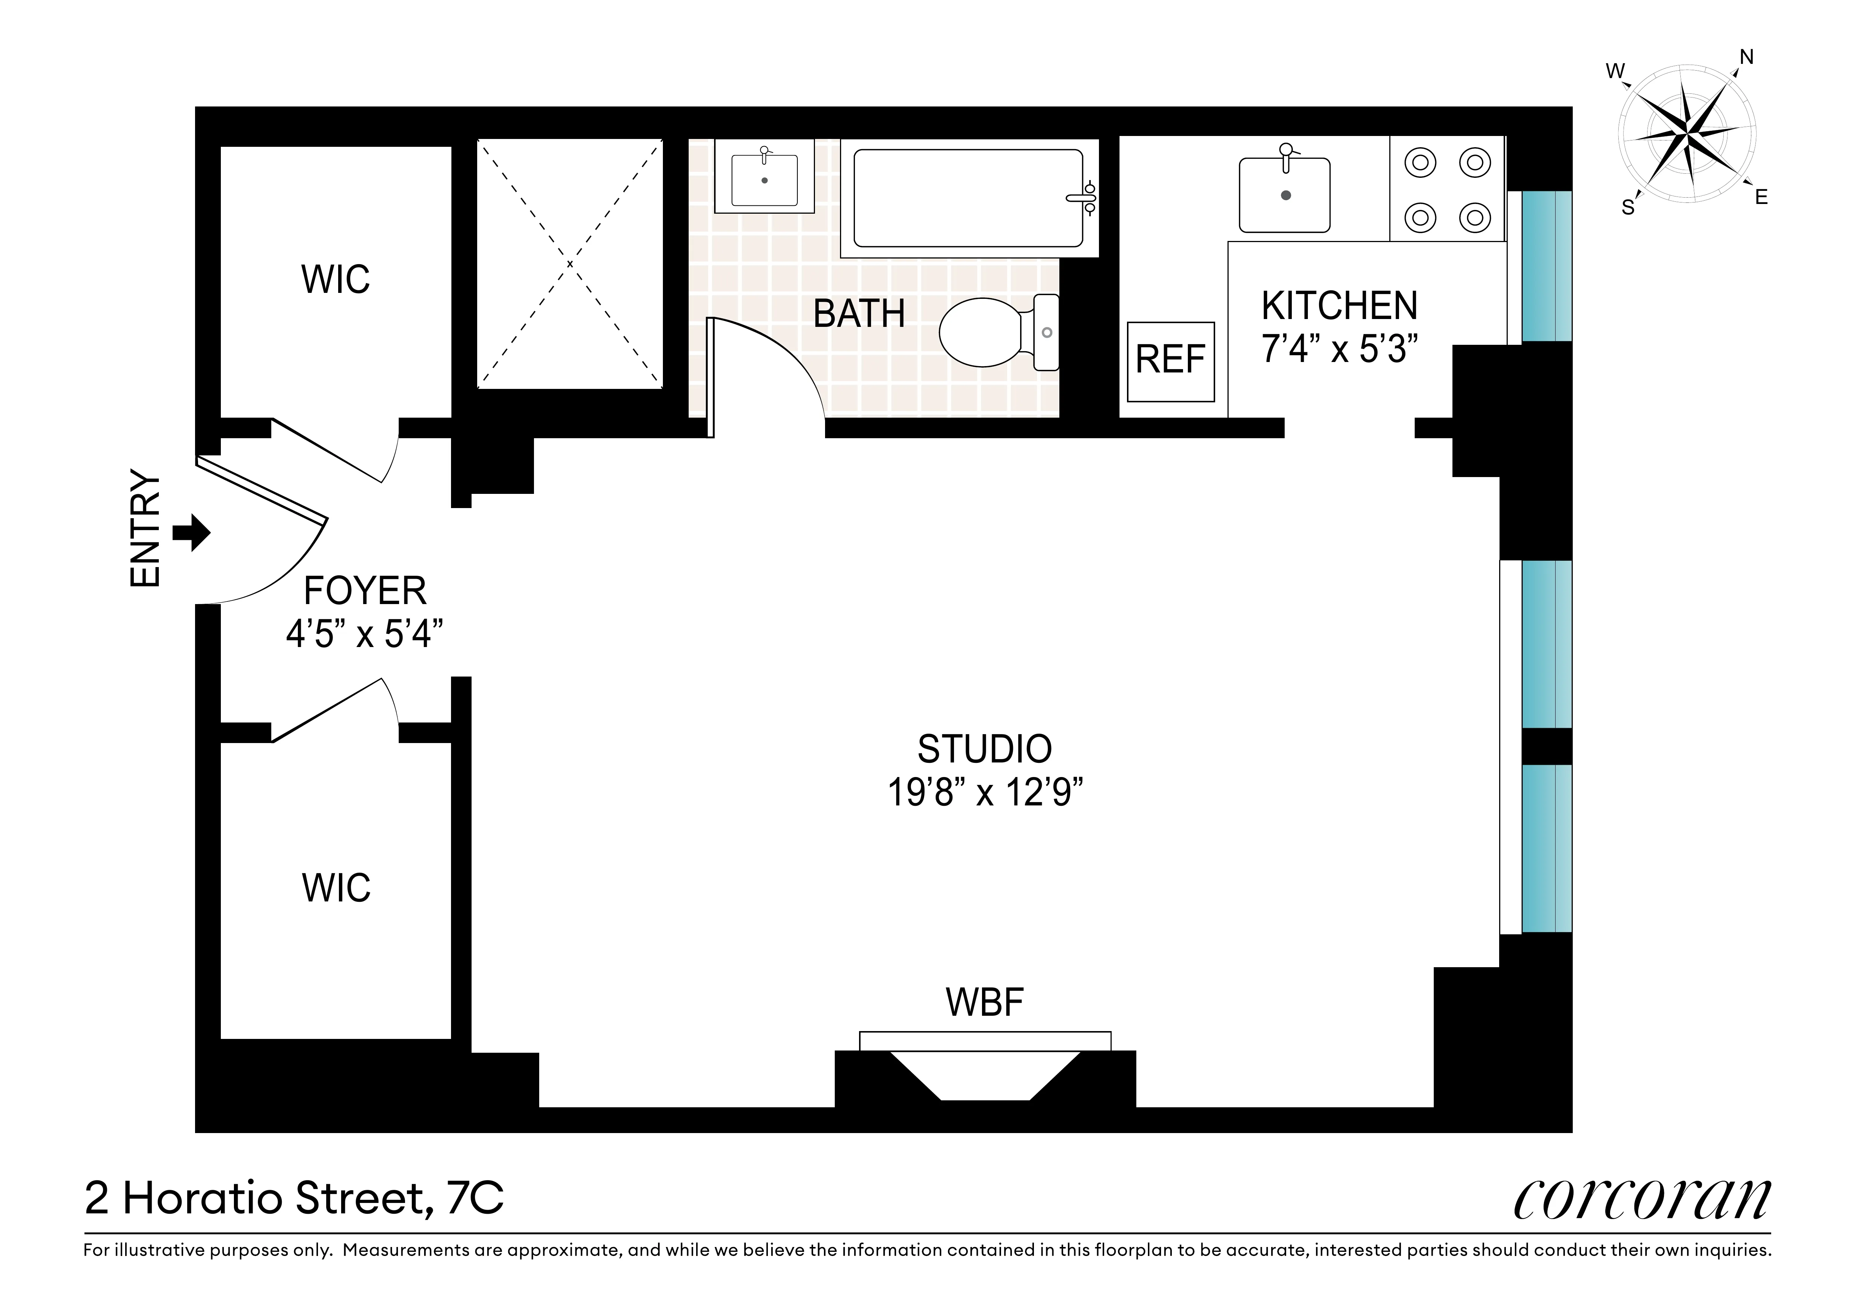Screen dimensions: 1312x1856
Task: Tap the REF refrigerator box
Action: point(1170,361)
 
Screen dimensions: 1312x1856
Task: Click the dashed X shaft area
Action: point(570,263)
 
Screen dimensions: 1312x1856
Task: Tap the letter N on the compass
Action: point(1746,58)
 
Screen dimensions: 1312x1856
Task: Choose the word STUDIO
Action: point(985,749)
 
